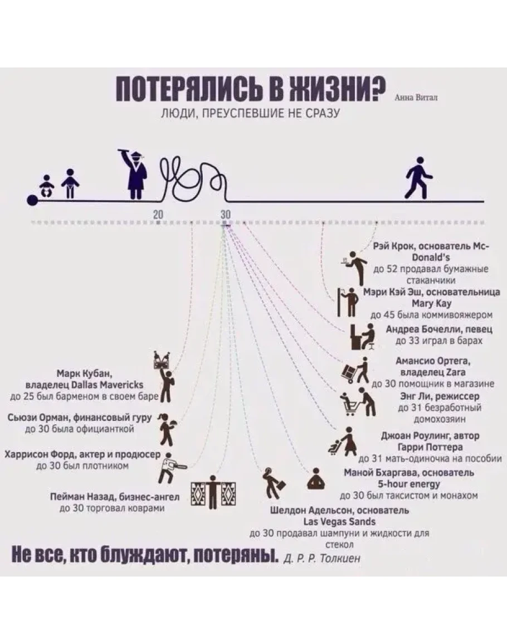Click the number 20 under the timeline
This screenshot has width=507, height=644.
(x=158, y=214)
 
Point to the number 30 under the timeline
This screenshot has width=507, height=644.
(x=225, y=214)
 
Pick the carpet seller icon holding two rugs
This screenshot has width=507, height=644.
(x=213, y=492)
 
